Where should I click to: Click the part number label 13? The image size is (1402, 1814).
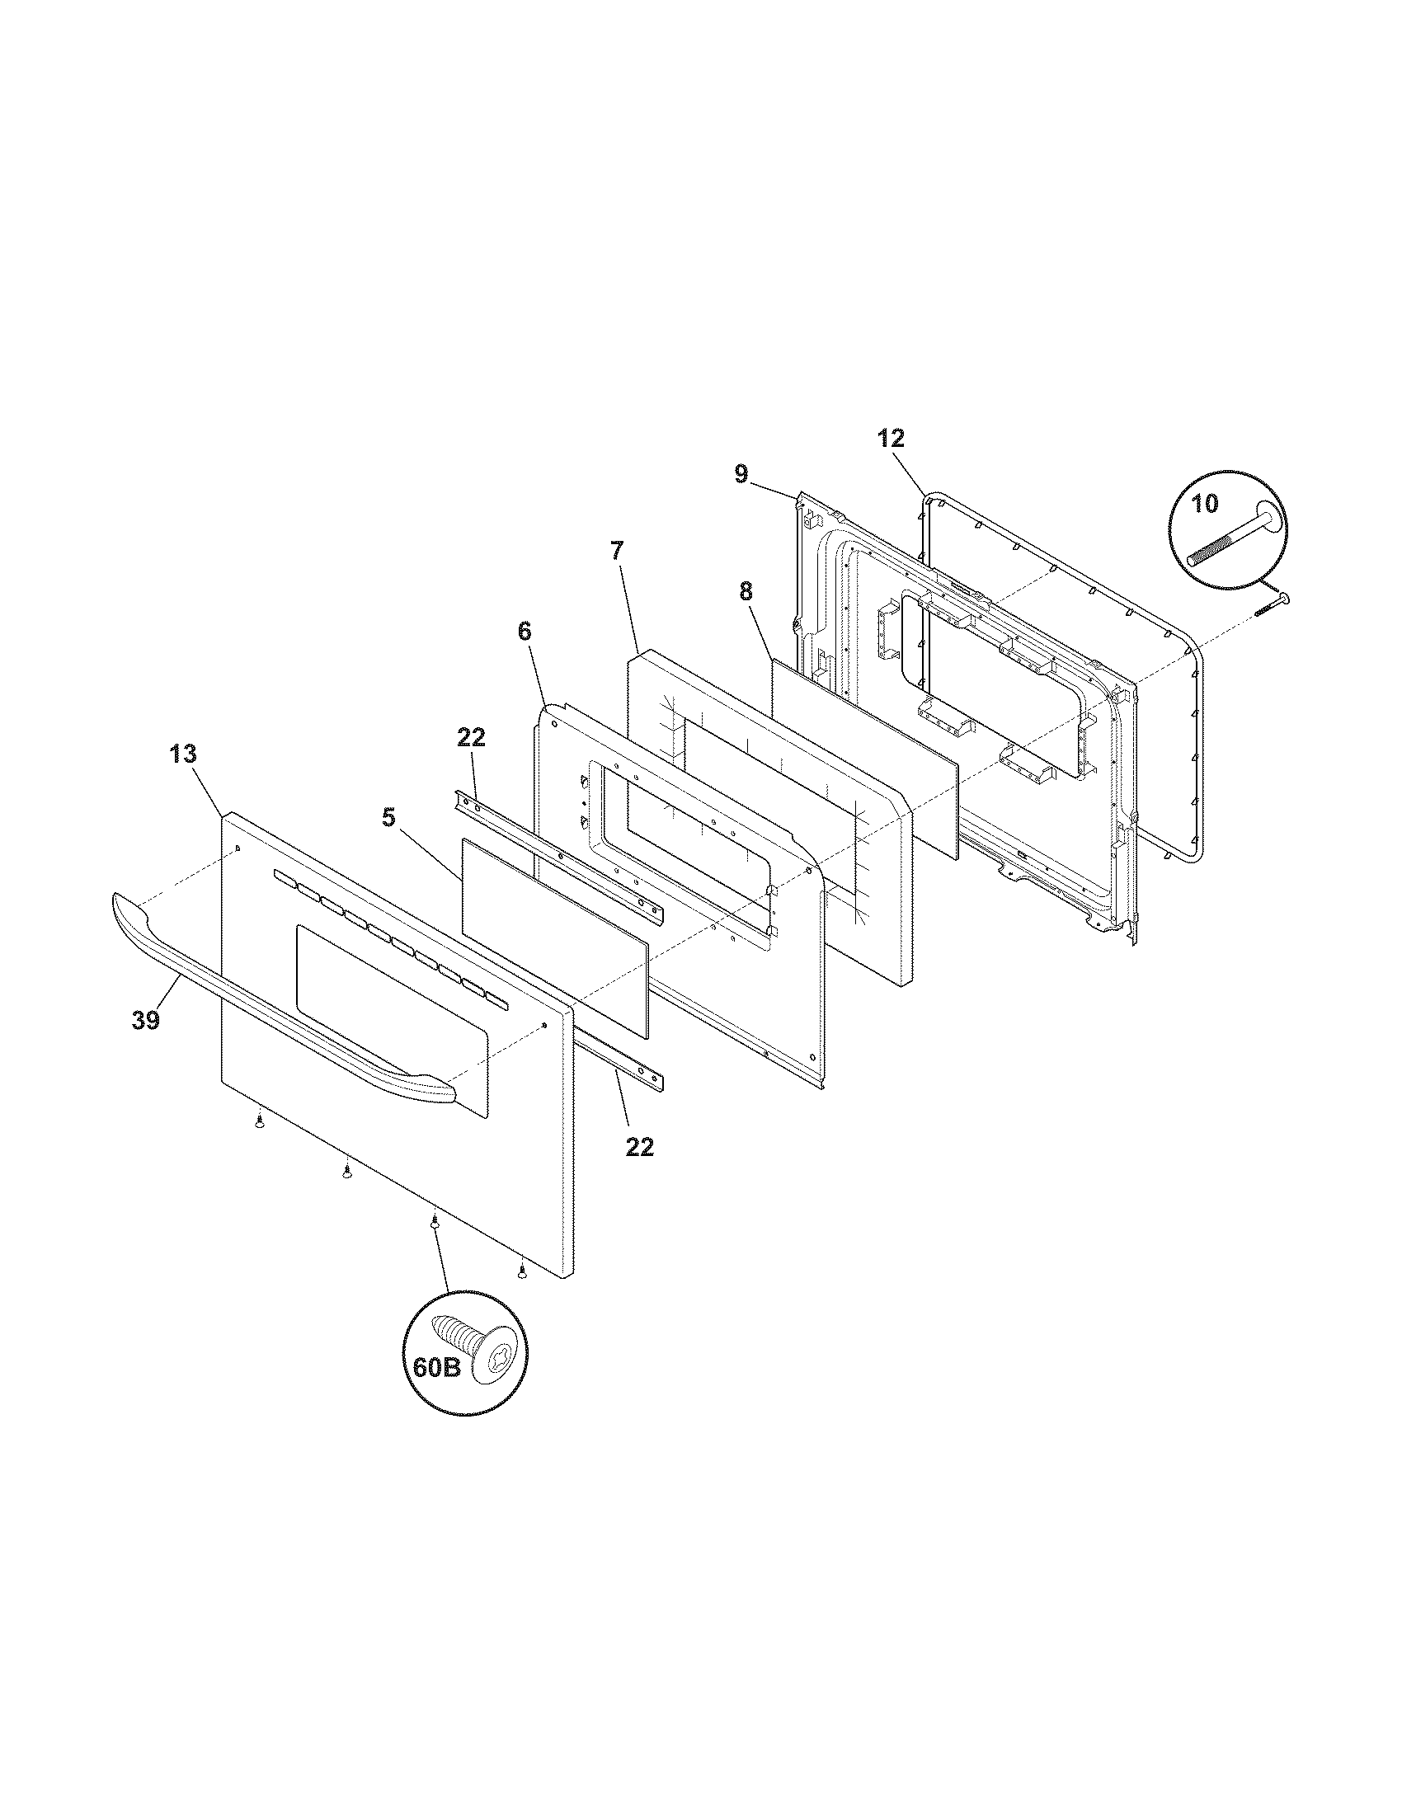(x=184, y=754)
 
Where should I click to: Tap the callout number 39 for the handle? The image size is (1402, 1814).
(x=146, y=1021)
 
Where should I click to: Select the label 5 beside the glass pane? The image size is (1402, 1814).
(x=388, y=817)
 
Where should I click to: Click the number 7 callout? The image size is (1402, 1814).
(x=615, y=550)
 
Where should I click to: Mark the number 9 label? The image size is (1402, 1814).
(x=741, y=474)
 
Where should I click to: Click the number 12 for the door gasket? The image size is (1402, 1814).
(x=891, y=438)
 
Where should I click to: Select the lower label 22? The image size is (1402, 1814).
(x=639, y=1147)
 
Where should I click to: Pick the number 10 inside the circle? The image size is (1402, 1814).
(x=1205, y=502)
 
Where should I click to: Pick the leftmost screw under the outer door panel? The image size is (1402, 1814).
(x=261, y=1122)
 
